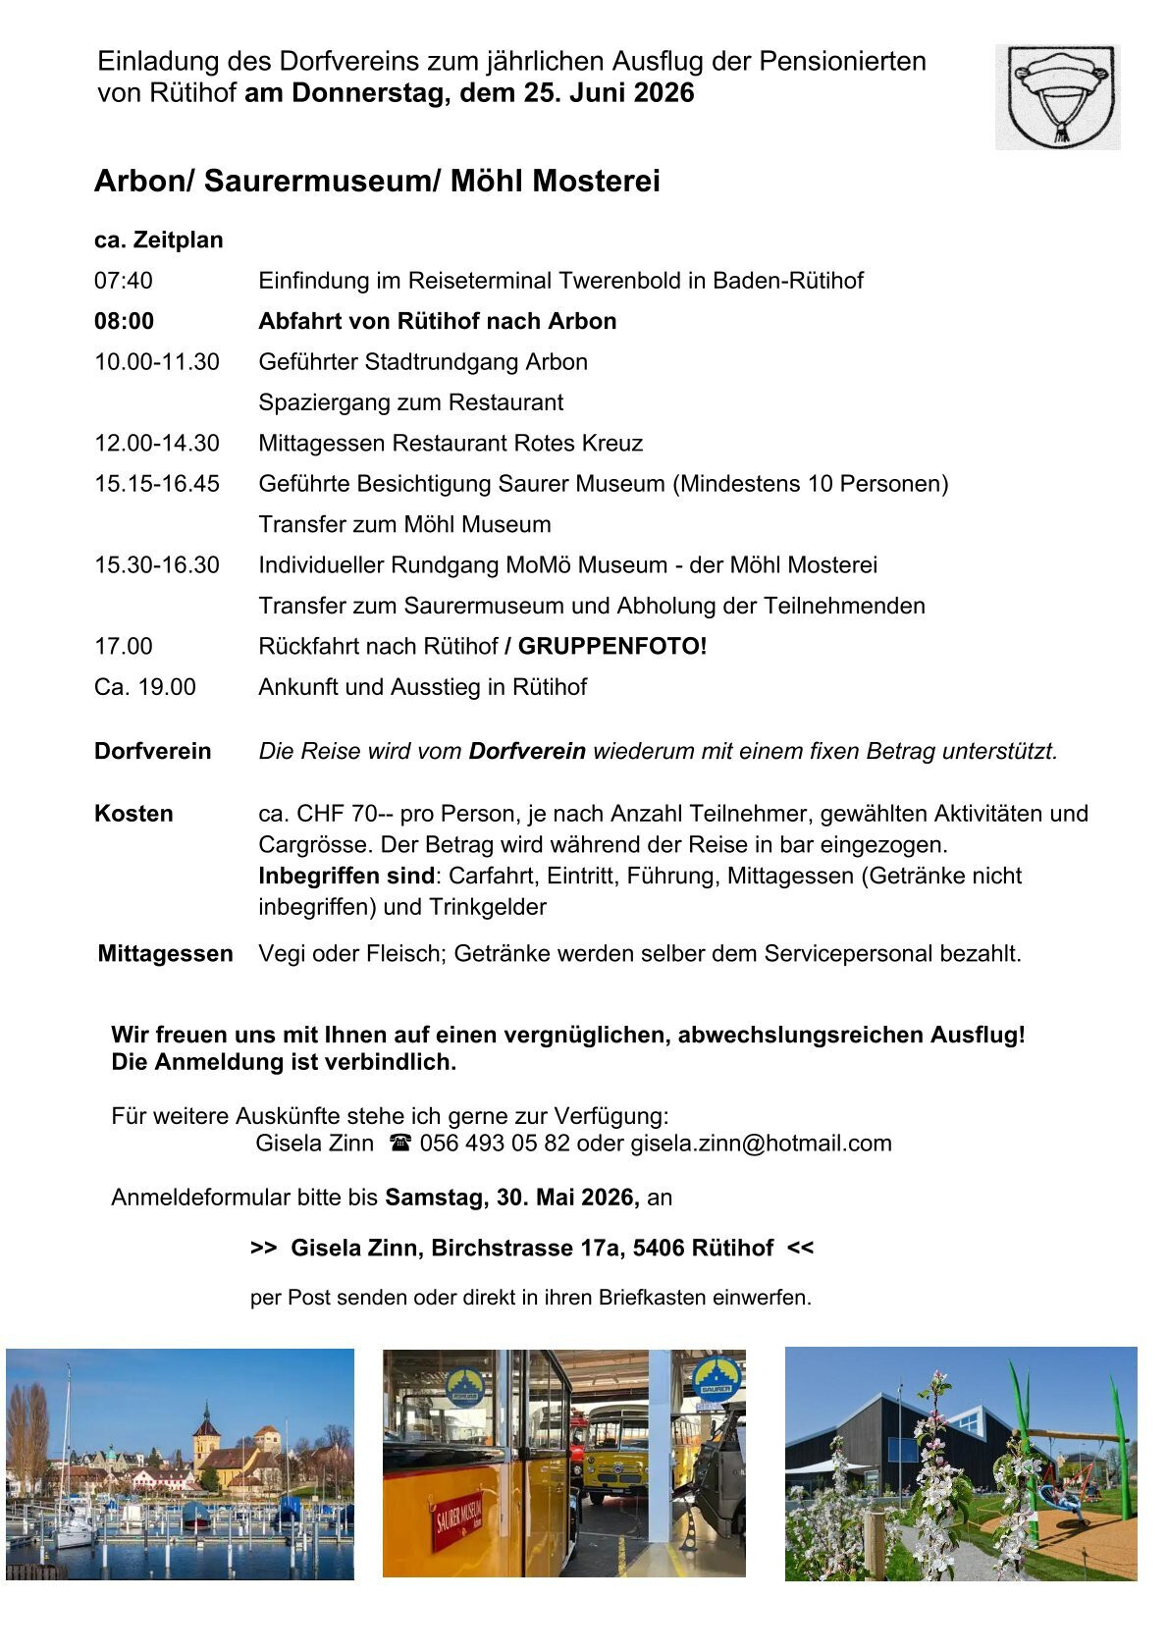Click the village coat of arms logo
pos(1057,96)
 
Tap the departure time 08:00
pos(124,322)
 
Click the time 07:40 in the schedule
pos(124,281)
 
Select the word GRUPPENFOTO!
pos(612,647)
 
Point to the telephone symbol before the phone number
pos(399,1144)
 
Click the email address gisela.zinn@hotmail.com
pos(761,1144)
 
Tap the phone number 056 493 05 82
pos(495,1144)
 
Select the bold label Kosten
pos(133,814)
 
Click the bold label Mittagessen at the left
pos(165,954)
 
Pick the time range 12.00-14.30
pos(157,444)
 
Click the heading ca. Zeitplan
pos(159,240)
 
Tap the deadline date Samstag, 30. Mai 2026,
pos(512,1198)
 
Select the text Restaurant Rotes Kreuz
pos(517,444)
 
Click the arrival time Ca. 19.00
pos(145,687)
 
